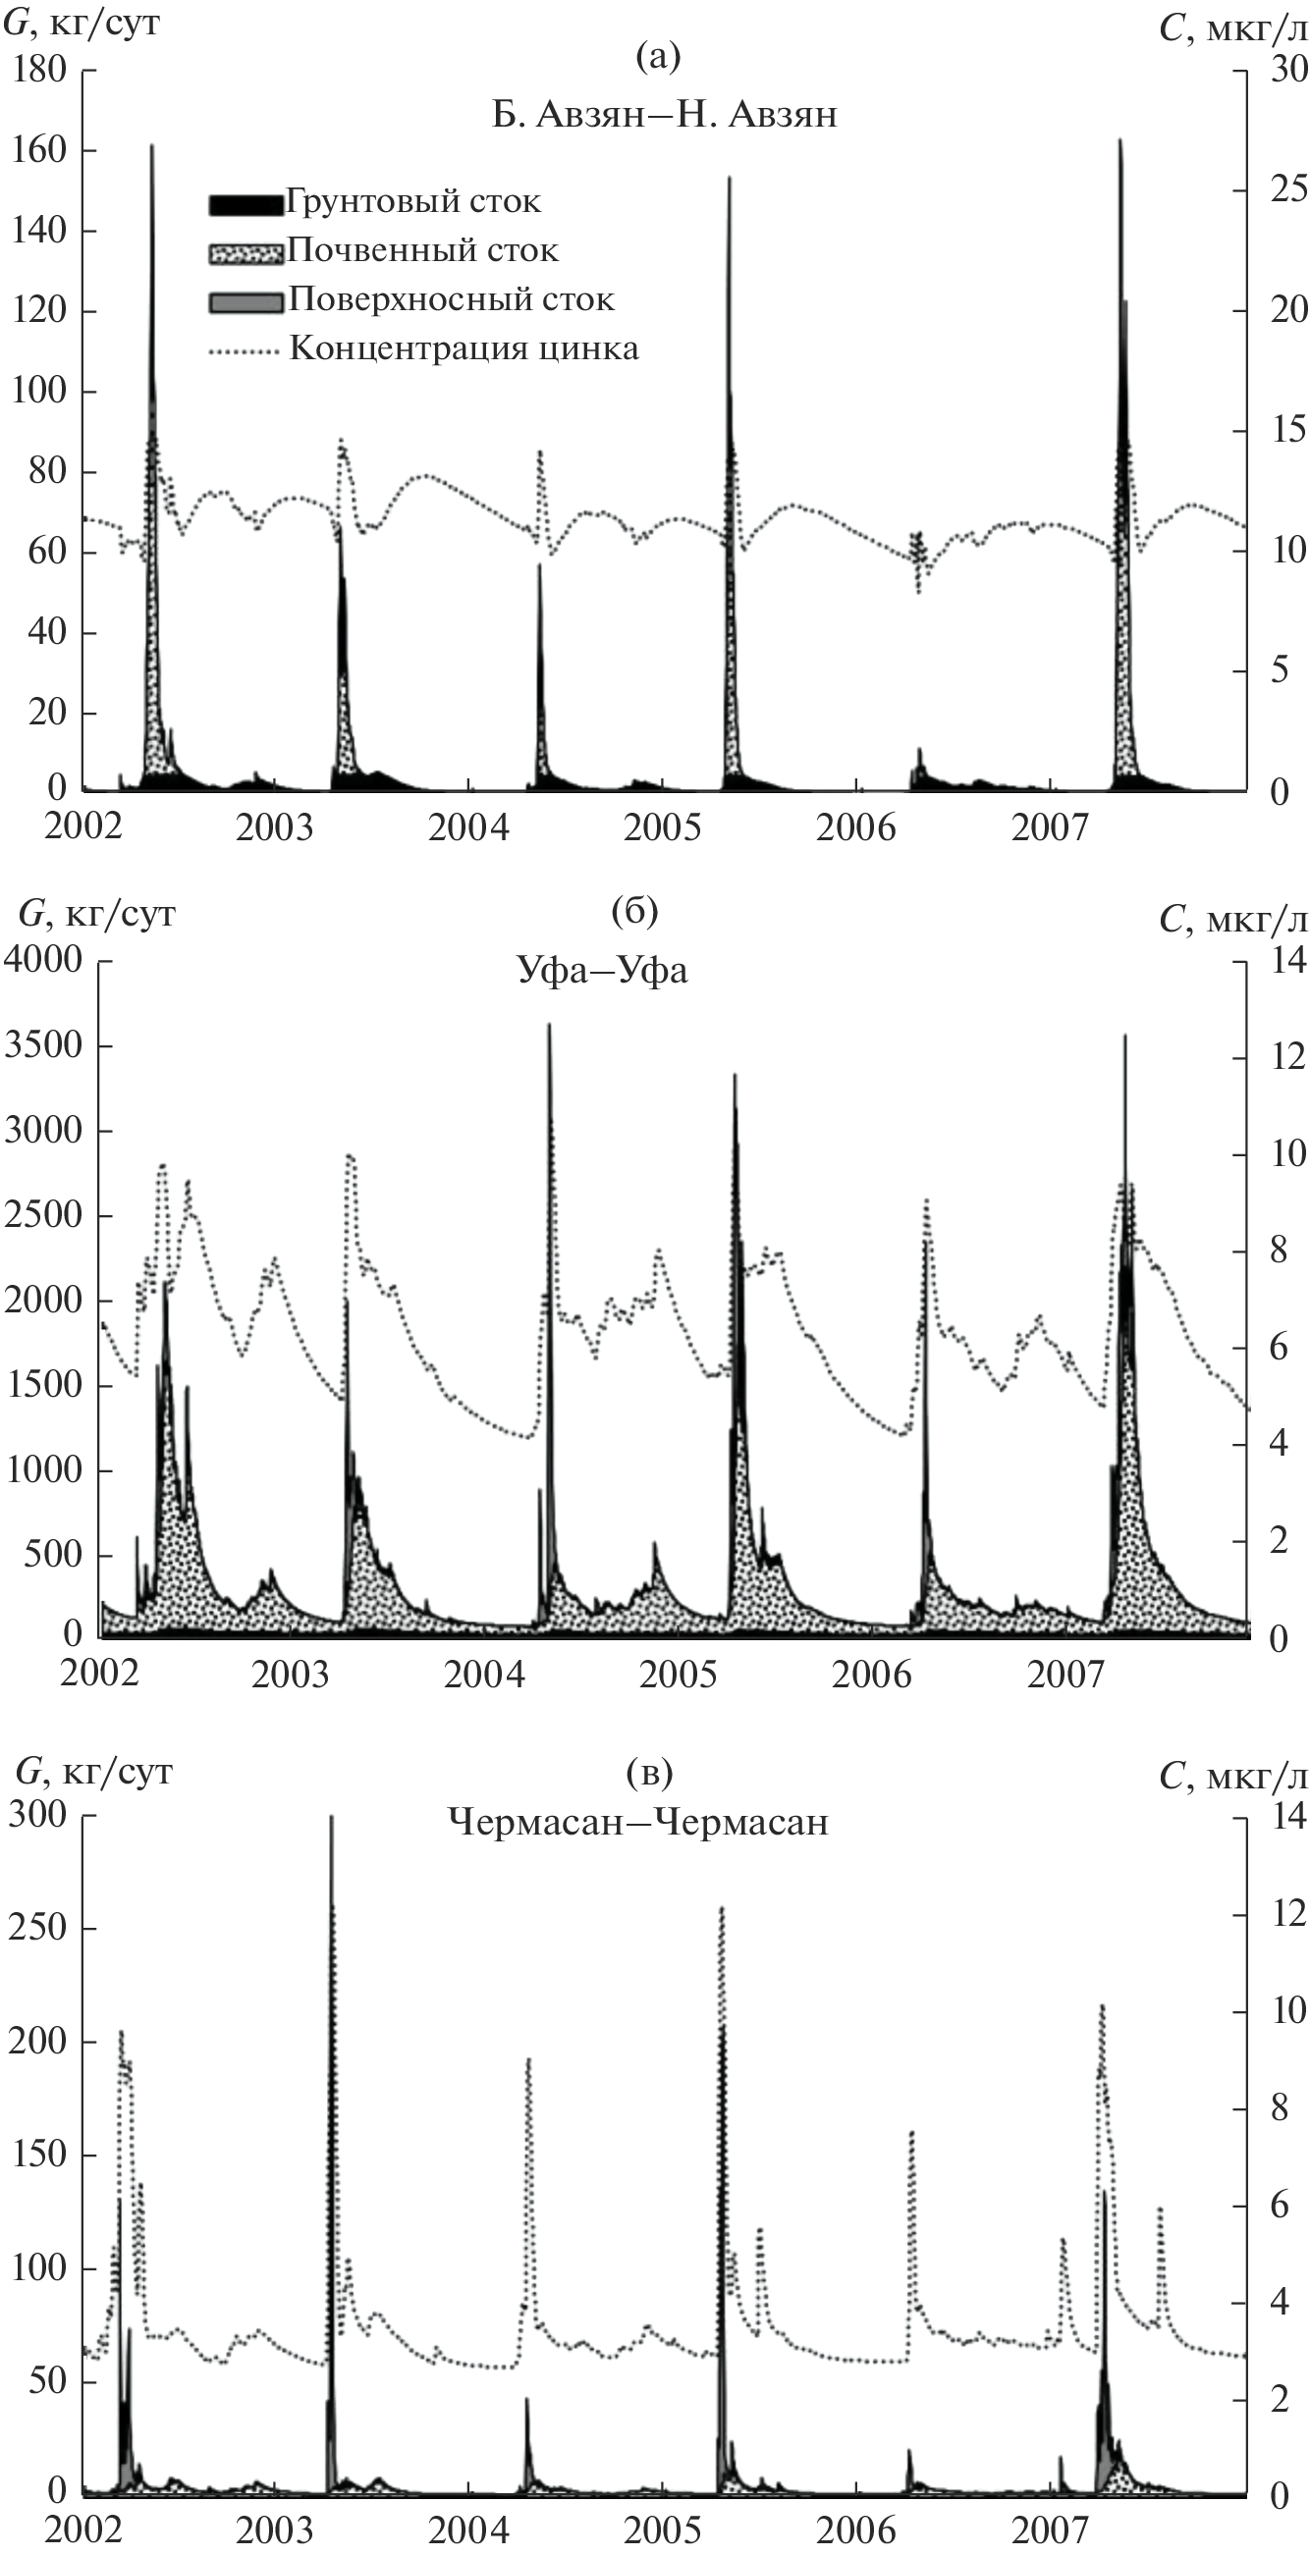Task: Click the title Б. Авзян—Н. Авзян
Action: coord(664,115)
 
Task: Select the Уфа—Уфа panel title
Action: coord(602,970)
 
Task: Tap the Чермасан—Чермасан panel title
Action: coord(637,1822)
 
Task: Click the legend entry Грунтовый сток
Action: coord(412,201)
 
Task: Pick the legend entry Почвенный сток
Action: coord(423,250)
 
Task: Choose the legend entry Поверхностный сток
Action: coord(451,299)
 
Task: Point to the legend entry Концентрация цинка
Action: coord(464,348)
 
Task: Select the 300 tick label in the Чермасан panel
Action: coord(36,1813)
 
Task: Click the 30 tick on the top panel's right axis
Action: coord(1288,70)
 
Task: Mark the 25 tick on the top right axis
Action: coord(1288,188)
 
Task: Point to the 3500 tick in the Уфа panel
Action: coord(43,1044)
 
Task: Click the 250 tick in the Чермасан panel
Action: coord(36,1927)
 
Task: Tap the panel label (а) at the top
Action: coord(658,57)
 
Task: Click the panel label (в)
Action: coord(650,1771)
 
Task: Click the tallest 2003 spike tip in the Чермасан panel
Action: coord(332,1817)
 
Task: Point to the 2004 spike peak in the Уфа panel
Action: coord(549,1025)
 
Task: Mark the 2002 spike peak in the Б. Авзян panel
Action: coord(152,146)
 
